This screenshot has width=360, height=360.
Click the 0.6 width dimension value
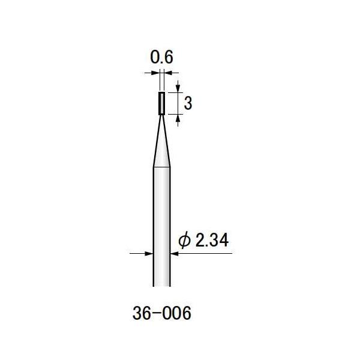point(161,58)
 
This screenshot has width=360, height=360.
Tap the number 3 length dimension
point(188,104)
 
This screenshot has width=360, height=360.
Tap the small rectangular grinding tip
point(161,103)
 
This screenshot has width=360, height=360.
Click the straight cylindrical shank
point(161,228)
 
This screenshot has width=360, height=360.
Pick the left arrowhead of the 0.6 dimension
point(157,73)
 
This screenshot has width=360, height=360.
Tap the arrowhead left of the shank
point(149,254)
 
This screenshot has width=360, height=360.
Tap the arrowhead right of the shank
point(175,254)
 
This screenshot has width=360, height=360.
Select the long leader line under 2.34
point(204,254)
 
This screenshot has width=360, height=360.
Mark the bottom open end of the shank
point(161,287)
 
